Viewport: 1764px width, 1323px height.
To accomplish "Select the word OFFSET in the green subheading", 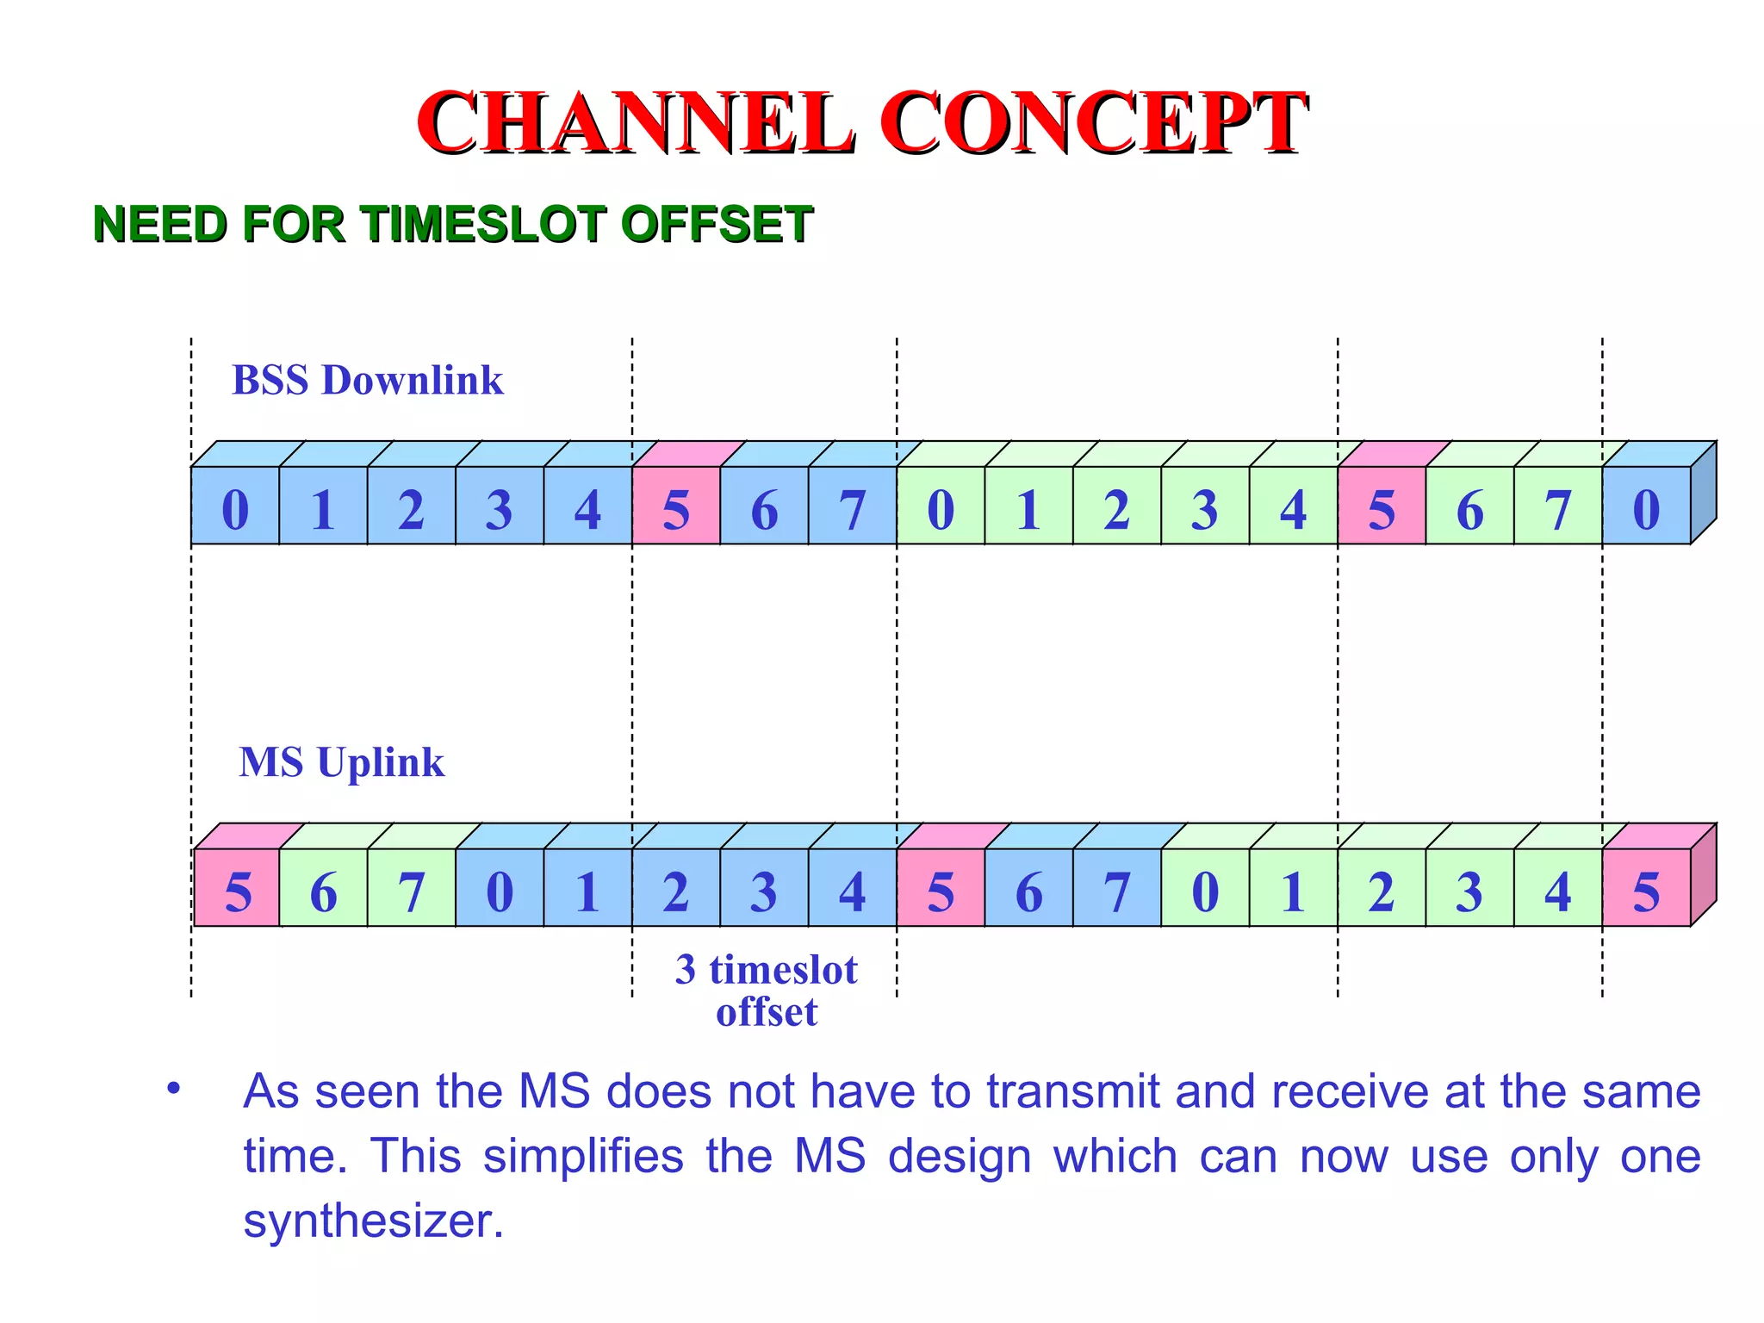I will point(716,224).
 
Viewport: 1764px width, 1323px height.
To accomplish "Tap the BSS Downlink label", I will point(368,380).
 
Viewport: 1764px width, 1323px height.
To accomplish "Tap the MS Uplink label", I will point(341,762).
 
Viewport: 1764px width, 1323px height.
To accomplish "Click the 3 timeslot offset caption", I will point(766,991).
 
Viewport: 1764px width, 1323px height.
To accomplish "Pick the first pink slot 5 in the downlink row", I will point(676,506).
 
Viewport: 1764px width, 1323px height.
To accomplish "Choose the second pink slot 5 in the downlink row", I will point(1382,506).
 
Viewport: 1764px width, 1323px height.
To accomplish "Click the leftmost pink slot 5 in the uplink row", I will point(237,888).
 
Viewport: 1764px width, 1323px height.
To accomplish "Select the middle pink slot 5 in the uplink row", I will point(941,888).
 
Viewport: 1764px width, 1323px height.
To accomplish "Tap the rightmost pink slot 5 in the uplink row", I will point(1646,888).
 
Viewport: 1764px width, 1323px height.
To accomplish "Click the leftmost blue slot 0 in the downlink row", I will point(235,506).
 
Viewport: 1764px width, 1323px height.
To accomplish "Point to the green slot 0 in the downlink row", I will point(941,506).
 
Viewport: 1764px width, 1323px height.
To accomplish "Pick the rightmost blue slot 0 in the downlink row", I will point(1646,506).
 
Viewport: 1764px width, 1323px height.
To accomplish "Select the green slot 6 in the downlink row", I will point(1469,506).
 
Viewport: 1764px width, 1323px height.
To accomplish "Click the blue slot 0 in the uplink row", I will point(500,888).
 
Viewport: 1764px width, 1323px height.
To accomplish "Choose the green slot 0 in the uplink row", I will point(1205,888).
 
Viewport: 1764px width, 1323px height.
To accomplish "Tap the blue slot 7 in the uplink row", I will point(1117,888).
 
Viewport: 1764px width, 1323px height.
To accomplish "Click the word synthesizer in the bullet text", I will point(372,1221).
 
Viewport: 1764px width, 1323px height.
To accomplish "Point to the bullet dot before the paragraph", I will point(174,1089).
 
